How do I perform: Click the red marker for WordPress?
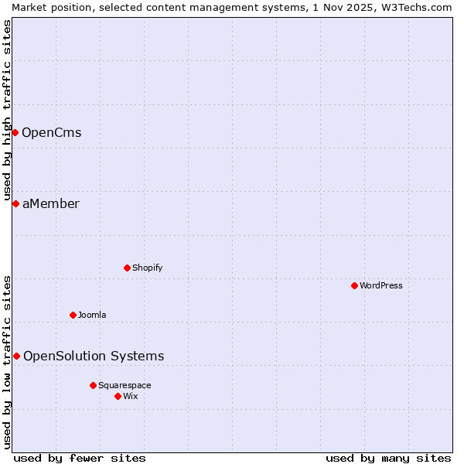pos(354,285)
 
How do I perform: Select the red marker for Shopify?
pos(127,268)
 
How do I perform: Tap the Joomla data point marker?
pos(73,315)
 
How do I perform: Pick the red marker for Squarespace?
pos(93,385)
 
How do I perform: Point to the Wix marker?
pos(118,396)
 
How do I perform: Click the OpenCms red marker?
pos(15,132)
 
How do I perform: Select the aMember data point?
pos(15,203)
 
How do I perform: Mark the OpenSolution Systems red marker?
pos(16,356)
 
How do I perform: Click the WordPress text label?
pos(381,285)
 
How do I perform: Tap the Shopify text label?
pos(147,268)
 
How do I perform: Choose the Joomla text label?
pos(92,315)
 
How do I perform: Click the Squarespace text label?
pos(125,385)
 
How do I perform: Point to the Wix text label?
pos(131,396)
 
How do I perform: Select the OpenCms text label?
pos(51,132)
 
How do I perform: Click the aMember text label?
pos(50,203)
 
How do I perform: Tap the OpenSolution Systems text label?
pos(94,356)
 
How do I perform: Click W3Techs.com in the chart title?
pos(419,7)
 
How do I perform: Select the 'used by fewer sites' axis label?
pos(80,458)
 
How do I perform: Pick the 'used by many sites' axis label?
pos(388,458)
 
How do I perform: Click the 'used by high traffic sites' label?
pos(7,108)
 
